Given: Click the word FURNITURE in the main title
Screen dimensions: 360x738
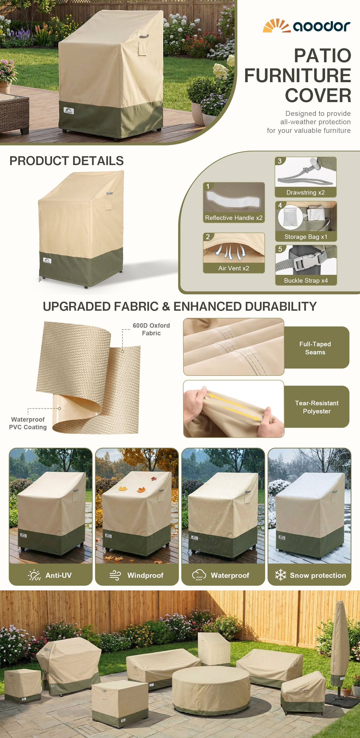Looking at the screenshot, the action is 298,75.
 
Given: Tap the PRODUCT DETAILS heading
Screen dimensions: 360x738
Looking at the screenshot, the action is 66,161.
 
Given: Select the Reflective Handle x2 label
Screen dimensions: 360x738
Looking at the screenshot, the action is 234,218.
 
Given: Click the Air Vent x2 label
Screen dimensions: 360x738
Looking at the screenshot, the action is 234,268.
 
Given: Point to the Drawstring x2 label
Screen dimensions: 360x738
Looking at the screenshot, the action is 306,193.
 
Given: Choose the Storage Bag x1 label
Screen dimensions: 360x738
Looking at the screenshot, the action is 306,237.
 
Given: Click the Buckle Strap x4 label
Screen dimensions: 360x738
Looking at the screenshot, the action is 306,280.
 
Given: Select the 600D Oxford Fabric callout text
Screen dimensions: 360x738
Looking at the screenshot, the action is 151,329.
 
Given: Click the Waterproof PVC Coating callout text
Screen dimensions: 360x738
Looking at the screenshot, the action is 28,423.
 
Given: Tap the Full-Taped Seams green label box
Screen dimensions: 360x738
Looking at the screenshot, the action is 316,348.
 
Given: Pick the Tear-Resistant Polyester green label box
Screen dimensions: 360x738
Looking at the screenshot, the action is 316,407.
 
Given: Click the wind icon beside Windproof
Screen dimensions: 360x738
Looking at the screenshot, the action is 115,575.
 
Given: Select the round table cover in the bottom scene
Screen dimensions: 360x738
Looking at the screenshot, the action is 211,692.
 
